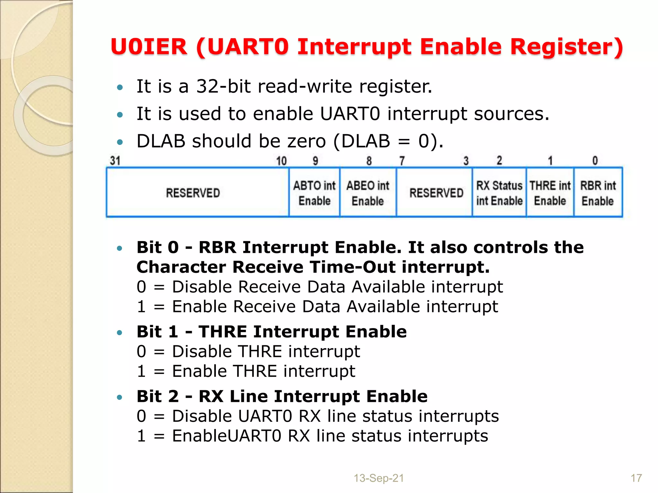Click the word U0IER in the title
148,47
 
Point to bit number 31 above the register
115,160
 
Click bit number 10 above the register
281,161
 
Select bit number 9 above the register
315,160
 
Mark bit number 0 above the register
595,160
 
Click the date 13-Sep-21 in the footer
378,478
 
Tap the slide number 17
636,478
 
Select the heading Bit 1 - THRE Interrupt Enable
271,332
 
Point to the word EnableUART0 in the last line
227,436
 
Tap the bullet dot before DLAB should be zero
120,142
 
